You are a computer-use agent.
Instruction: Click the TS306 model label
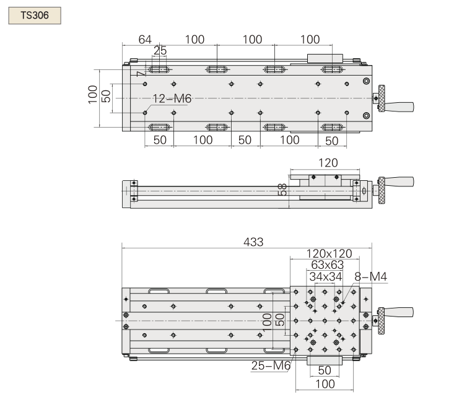[x=35, y=14]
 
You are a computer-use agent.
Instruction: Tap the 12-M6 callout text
[x=172, y=98]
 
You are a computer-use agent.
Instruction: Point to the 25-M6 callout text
[x=271, y=365]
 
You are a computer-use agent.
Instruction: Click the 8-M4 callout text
[x=370, y=276]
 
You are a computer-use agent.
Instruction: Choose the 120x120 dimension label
[x=329, y=253]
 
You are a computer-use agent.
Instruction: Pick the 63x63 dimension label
[x=326, y=264]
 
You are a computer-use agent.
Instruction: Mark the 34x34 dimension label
[x=326, y=276]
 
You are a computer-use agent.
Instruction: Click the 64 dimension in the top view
[x=145, y=40]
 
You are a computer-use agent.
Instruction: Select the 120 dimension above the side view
[x=328, y=163]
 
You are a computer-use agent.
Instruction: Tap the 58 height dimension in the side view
[x=282, y=190]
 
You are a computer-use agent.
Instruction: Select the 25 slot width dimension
[x=160, y=50]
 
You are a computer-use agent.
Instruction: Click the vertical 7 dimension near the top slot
[x=141, y=72]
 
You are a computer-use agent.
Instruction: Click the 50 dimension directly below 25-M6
[x=325, y=370]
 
